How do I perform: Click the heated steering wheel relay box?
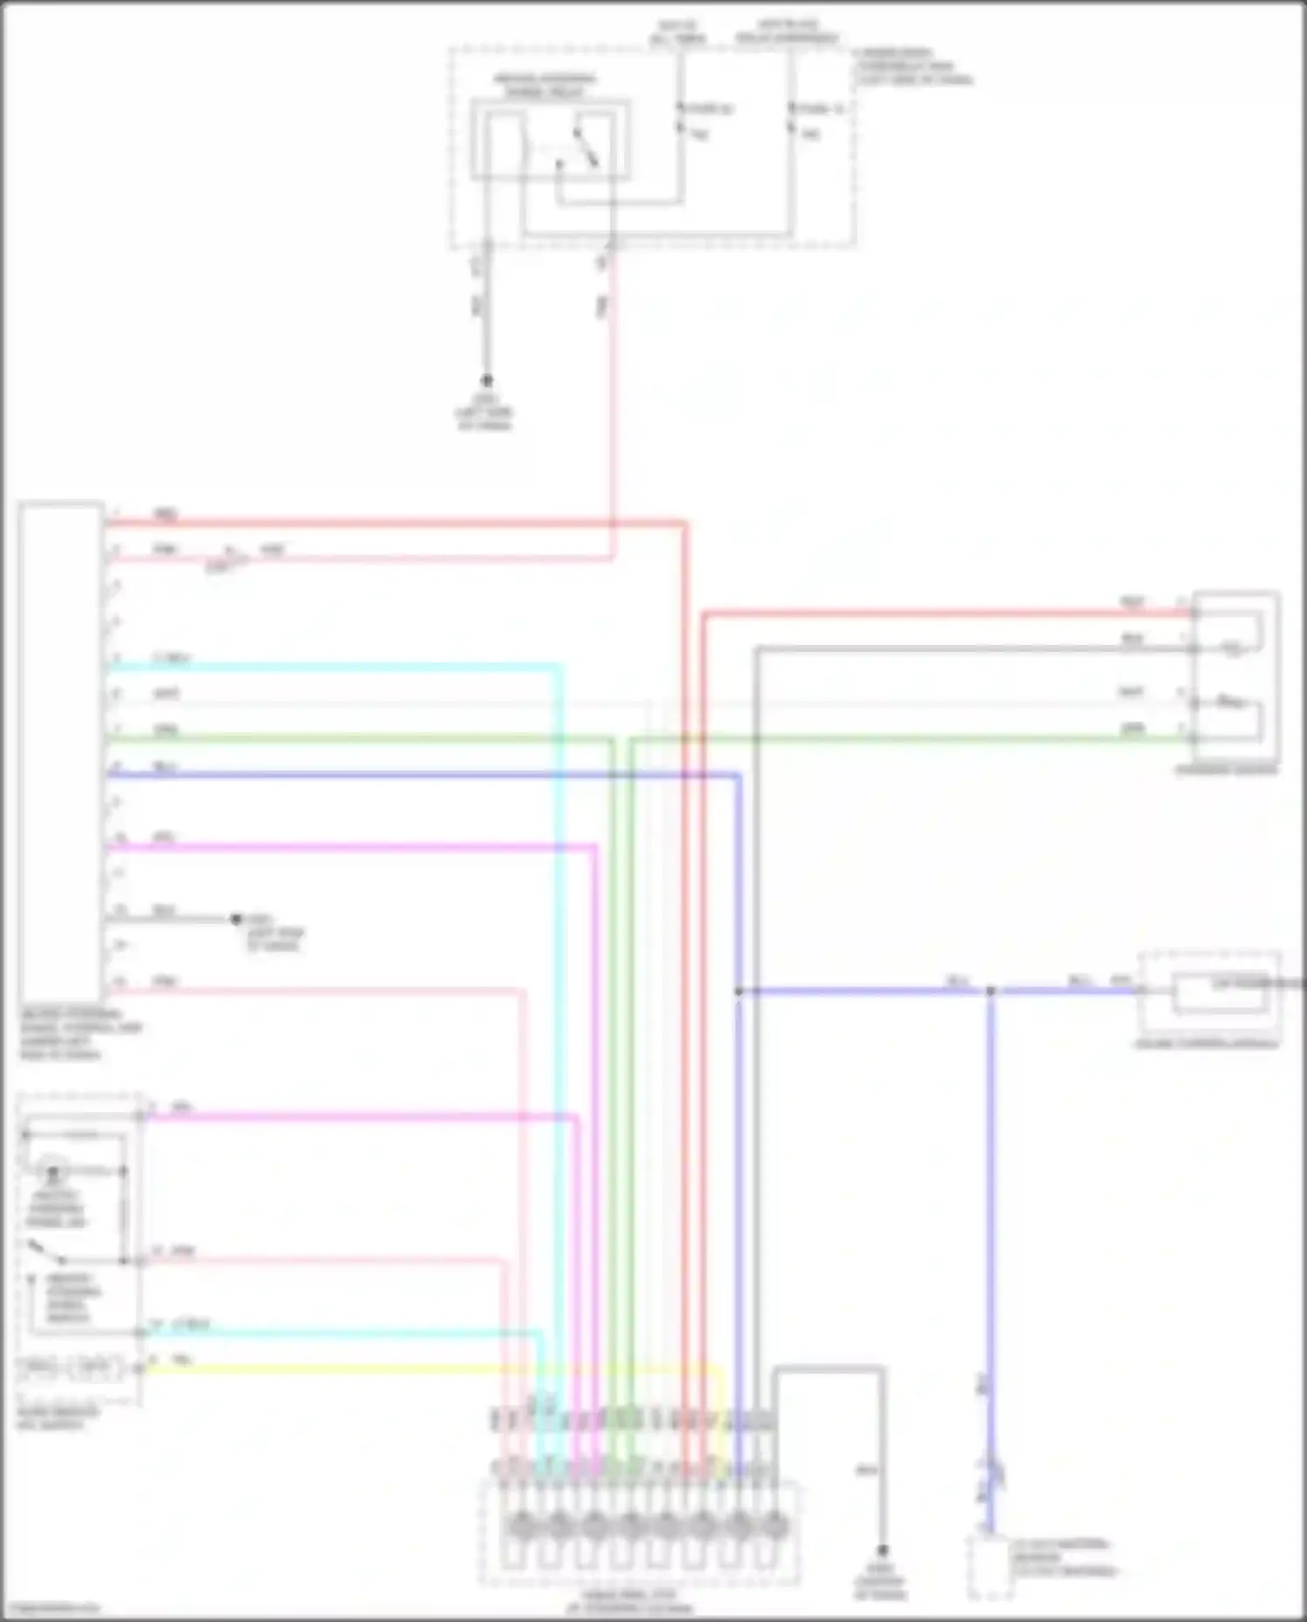click(551, 140)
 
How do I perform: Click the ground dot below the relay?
click(487, 381)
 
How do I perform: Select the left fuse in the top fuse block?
click(681, 119)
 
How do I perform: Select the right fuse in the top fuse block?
click(791, 119)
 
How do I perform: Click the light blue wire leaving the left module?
click(331, 667)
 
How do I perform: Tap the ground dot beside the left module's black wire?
click(235, 919)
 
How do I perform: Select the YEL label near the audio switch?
click(182, 1360)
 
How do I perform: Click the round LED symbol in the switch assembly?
click(54, 1174)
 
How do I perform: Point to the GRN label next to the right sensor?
click(1133, 728)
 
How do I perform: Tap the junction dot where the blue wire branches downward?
click(990, 991)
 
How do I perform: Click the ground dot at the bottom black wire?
click(882, 1551)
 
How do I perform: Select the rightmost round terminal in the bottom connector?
click(774, 1526)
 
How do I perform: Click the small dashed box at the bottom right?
click(990, 1569)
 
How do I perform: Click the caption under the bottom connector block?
click(641, 1600)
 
